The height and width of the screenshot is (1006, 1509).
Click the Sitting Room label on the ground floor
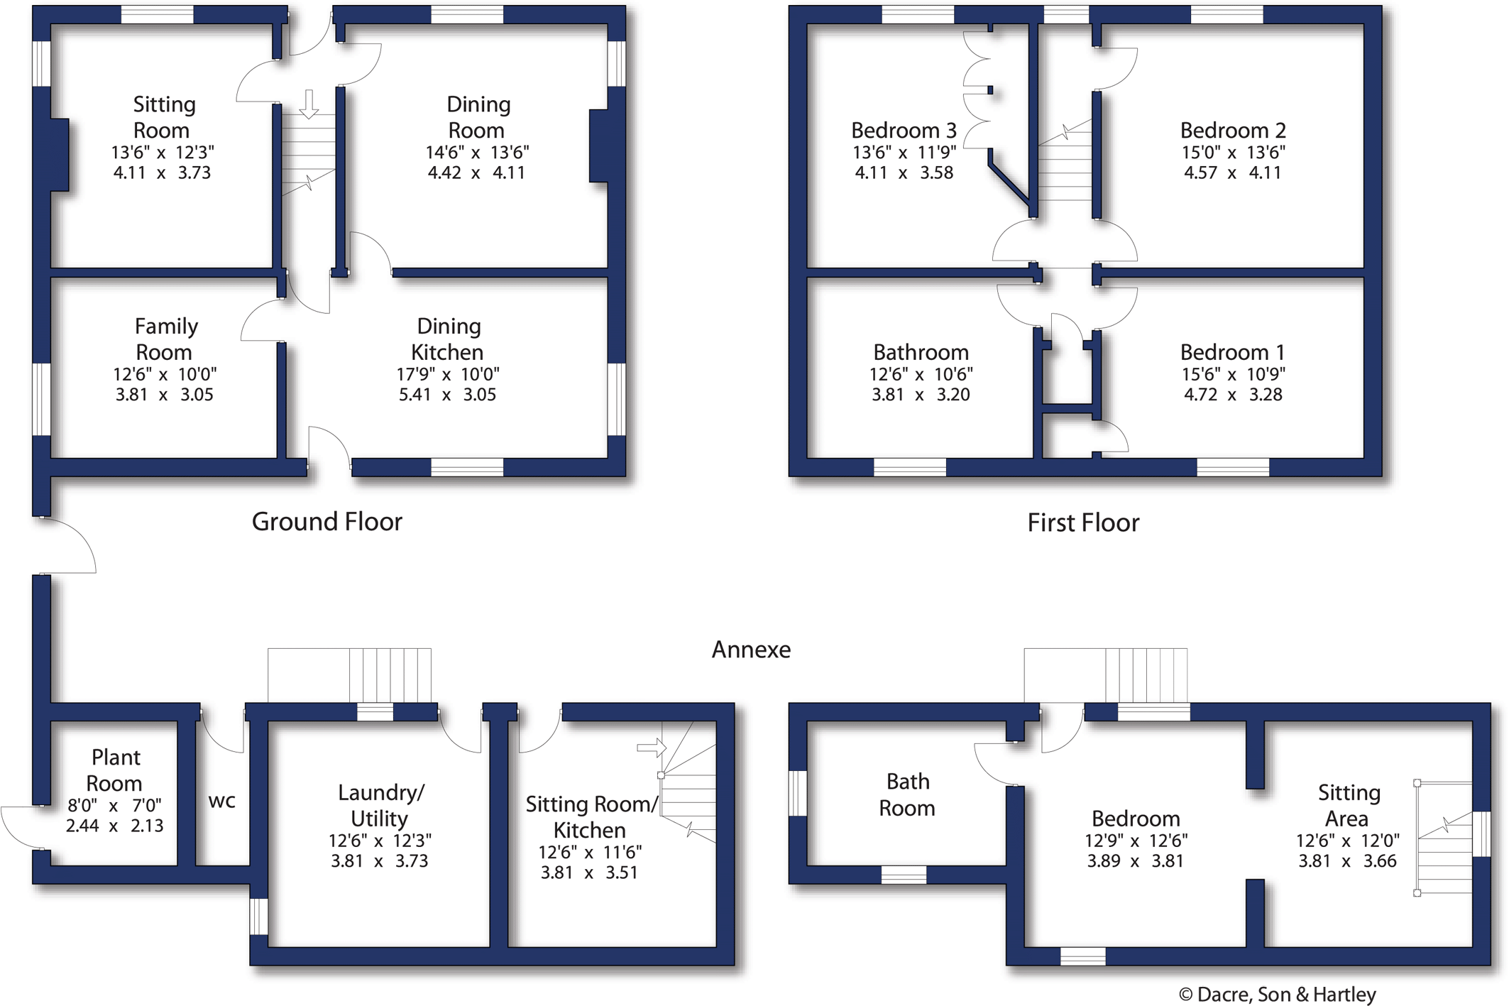163,117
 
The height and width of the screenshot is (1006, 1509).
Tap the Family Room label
165,339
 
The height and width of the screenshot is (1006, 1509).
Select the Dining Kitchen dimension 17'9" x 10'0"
448,374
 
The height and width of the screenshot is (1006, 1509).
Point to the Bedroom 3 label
904,131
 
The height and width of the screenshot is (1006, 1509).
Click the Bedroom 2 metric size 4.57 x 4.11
1232,173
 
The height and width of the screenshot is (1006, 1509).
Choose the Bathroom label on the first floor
921,352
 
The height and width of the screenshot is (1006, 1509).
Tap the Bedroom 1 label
1232,352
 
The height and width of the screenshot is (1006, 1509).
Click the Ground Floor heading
327,522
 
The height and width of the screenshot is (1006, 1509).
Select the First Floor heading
1083,523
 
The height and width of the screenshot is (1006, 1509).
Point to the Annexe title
751,650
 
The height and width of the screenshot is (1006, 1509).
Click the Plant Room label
115,770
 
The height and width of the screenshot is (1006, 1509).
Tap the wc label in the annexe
221,802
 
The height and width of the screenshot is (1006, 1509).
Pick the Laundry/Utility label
380,806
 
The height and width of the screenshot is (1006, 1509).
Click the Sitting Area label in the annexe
1349,806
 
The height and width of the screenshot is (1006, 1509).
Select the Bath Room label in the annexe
907,795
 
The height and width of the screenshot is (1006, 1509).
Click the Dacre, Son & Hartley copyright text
1277,995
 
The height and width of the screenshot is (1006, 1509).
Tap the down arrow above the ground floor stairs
309,104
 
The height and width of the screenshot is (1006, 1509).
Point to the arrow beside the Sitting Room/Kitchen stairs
652,748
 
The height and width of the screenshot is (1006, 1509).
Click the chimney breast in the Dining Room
598,146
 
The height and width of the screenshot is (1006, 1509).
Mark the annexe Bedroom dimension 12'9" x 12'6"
1136,841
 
